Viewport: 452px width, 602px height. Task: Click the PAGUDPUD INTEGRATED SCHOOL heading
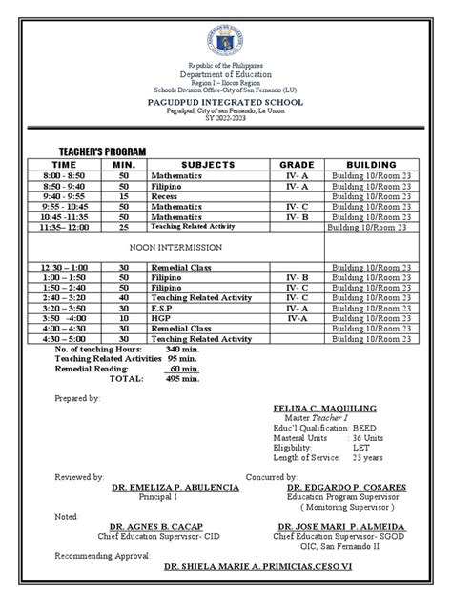(226, 99)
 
